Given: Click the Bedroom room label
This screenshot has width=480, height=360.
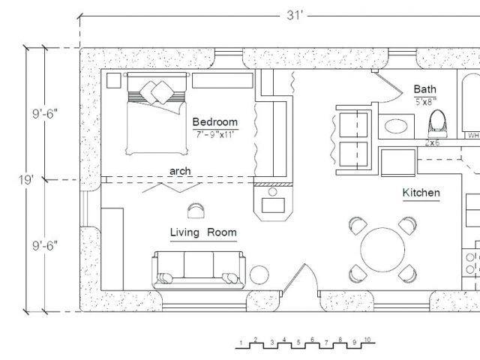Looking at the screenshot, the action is click(215, 121).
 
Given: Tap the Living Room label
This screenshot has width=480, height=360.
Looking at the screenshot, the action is click(203, 232).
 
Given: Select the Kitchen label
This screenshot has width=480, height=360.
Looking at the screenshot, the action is click(421, 193).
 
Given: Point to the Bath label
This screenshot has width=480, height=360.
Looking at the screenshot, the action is click(425, 89).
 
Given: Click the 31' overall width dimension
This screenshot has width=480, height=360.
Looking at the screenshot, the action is click(294, 15).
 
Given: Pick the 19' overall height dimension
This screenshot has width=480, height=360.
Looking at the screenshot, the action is click(25, 180).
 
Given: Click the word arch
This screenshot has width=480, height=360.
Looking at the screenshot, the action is click(180, 171).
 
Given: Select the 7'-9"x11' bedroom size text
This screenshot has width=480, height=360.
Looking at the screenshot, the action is click(215, 134).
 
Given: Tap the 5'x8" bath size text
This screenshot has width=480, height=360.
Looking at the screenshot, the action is click(425, 102).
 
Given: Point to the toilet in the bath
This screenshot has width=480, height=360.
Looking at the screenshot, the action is click(439, 123).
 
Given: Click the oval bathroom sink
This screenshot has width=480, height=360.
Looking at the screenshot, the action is click(396, 126).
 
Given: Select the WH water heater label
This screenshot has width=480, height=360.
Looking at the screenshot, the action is click(473, 135).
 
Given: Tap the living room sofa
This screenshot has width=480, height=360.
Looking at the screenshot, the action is click(199, 270).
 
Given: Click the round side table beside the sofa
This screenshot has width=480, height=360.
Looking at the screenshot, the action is click(259, 275).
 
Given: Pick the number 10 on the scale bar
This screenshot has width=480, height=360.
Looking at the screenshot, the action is click(367, 340).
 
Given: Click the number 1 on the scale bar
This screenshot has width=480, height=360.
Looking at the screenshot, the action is click(241, 343).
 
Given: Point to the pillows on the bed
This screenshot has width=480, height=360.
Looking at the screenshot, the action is click(157, 92).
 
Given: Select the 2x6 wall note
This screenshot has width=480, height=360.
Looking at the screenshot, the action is click(432, 142).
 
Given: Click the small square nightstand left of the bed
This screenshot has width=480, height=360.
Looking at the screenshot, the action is click(113, 80).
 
